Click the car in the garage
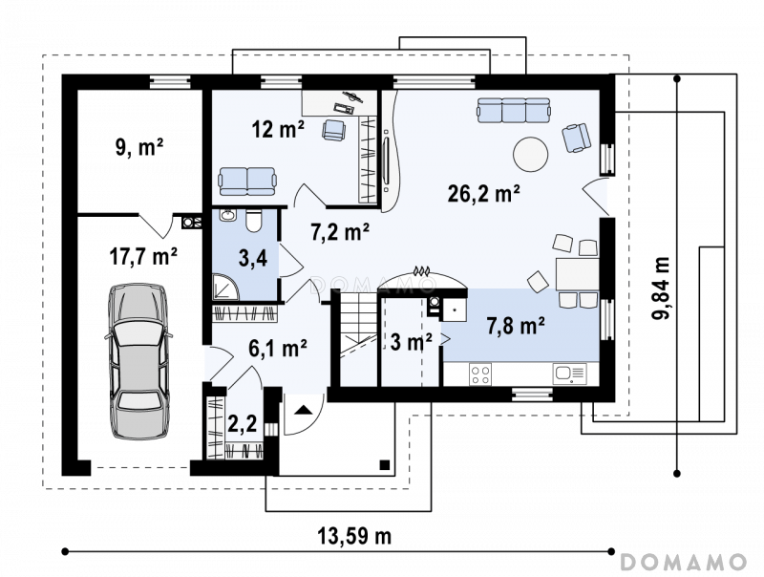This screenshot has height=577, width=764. tap(138, 361)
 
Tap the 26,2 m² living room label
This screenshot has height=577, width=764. tap(483, 194)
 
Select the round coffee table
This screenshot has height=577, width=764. tap(531, 154)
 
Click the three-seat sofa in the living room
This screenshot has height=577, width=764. tap(514, 110)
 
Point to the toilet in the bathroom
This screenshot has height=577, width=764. tap(253, 221)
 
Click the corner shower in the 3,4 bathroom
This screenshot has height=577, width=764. tap(225, 287)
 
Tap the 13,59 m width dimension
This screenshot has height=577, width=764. tap(354, 537)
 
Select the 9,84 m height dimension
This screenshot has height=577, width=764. tap(661, 288)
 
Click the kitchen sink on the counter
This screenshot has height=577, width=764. tap(569, 374)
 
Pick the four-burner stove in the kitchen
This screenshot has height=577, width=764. tap(480, 374)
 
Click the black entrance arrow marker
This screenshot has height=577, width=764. tap(304, 410)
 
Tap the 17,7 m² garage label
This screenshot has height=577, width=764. tap(142, 256)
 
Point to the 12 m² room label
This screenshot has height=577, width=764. tap(278, 129)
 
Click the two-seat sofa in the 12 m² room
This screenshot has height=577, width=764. tap(247, 181)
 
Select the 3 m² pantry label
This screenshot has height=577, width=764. tap(412, 342)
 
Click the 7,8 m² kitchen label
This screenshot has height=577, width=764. tap(516, 326)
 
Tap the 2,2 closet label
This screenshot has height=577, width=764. tap(243, 424)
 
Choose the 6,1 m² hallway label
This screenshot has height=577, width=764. tap(277, 348)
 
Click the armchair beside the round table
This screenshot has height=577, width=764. tap(577, 138)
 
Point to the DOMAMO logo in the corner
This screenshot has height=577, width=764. tap(684, 562)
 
